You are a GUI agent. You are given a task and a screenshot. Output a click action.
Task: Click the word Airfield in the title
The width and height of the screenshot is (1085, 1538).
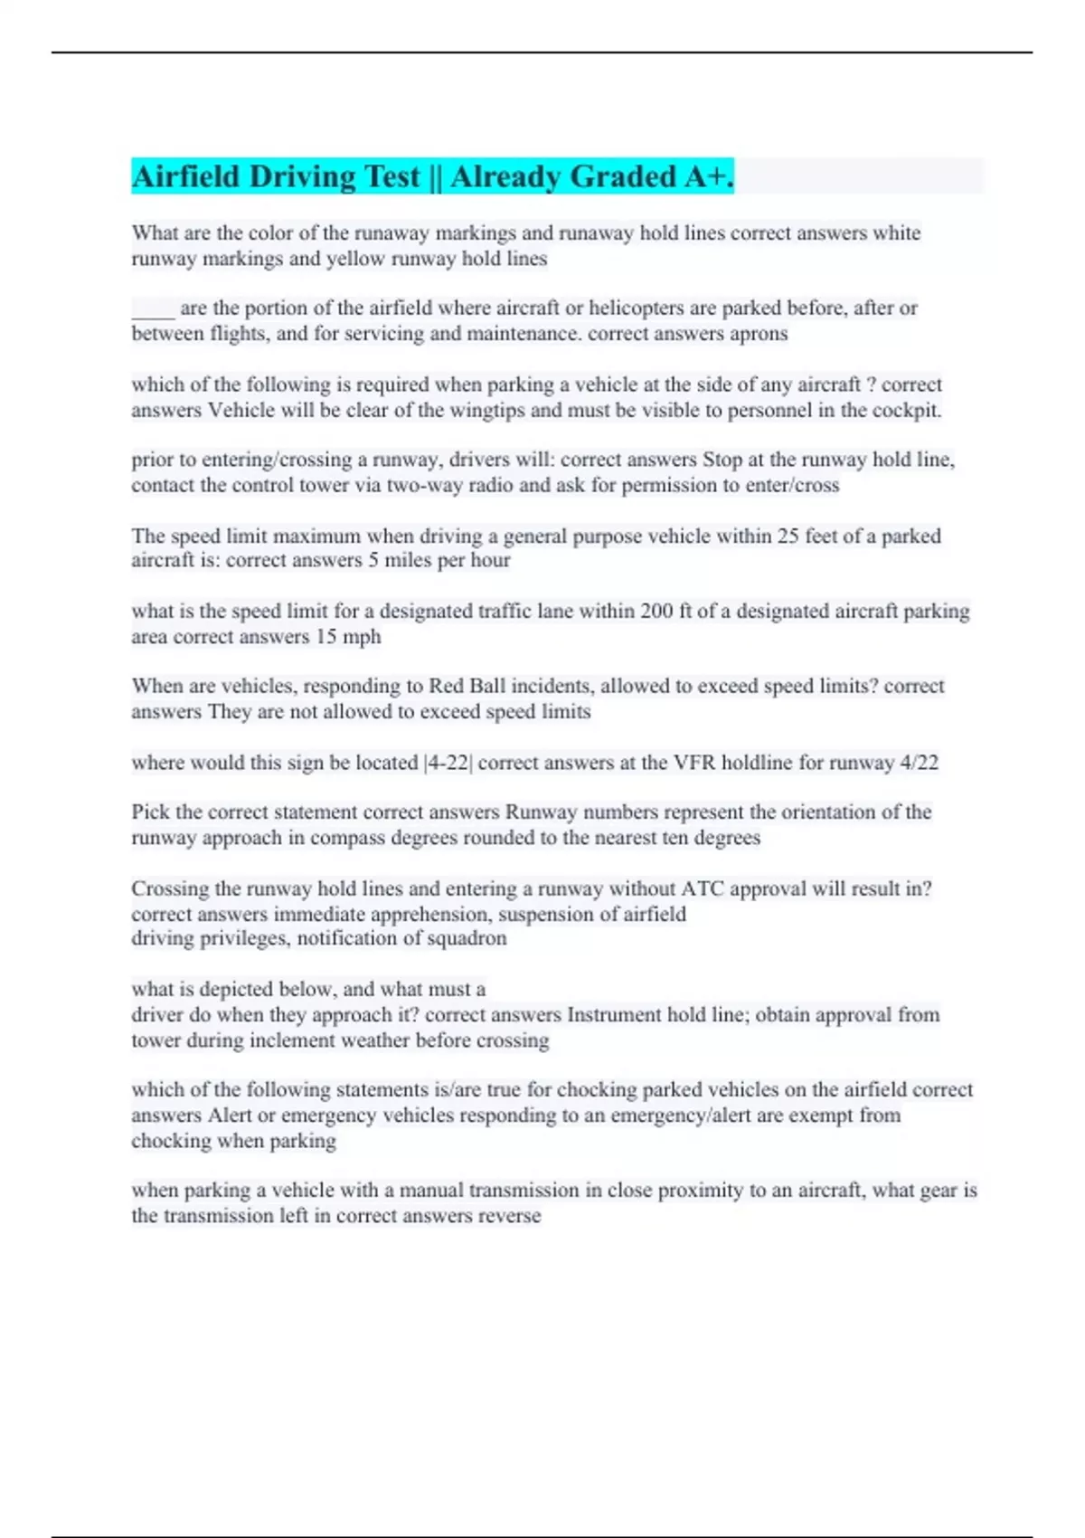coord(185,176)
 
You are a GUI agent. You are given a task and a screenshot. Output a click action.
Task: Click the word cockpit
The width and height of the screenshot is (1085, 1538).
coord(908,411)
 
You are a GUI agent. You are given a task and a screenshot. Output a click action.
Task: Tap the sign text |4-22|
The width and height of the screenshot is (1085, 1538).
coord(448,763)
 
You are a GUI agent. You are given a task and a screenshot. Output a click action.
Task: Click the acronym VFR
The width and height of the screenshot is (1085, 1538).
coord(697,763)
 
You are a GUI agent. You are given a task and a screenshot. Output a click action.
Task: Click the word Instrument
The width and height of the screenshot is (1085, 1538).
coord(614,1015)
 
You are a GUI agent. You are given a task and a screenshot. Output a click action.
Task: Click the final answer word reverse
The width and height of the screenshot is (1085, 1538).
coord(506,1216)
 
